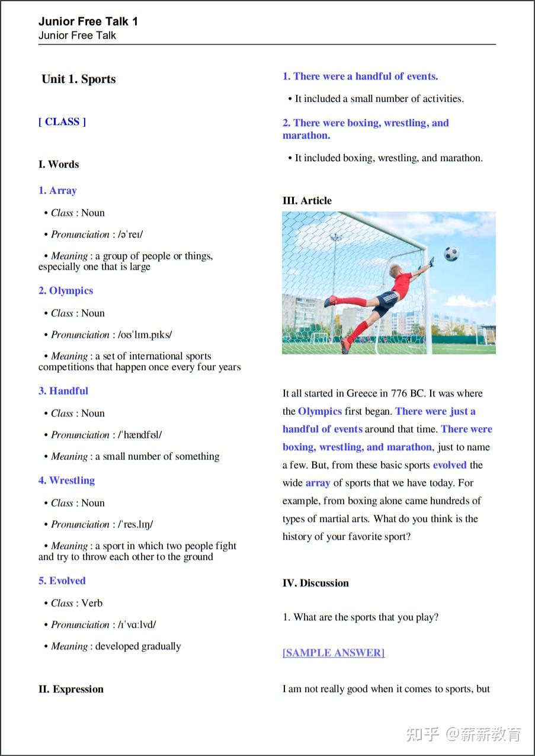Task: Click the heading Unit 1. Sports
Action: coord(79,79)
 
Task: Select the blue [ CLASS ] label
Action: coord(62,122)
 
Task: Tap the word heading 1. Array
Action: coord(57,191)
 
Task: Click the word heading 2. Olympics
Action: coord(66,291)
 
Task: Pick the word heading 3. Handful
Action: coord(63,391)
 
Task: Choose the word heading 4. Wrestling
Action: coord(66,480)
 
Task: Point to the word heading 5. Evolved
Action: coord(62,581)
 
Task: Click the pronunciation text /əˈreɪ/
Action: coord(131,235)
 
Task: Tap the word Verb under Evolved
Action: coord(92,603)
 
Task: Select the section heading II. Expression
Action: coord(71,689)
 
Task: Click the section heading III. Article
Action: coord(307,201)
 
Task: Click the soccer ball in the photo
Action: coord(451,254)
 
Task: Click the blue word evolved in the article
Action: coord(450,465)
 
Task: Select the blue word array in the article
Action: coord(318,483)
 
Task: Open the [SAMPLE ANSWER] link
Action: coord(334,653)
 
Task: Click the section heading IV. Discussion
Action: coord(315,583)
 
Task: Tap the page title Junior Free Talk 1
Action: coord(88,22)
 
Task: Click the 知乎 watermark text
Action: coord(422,735)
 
